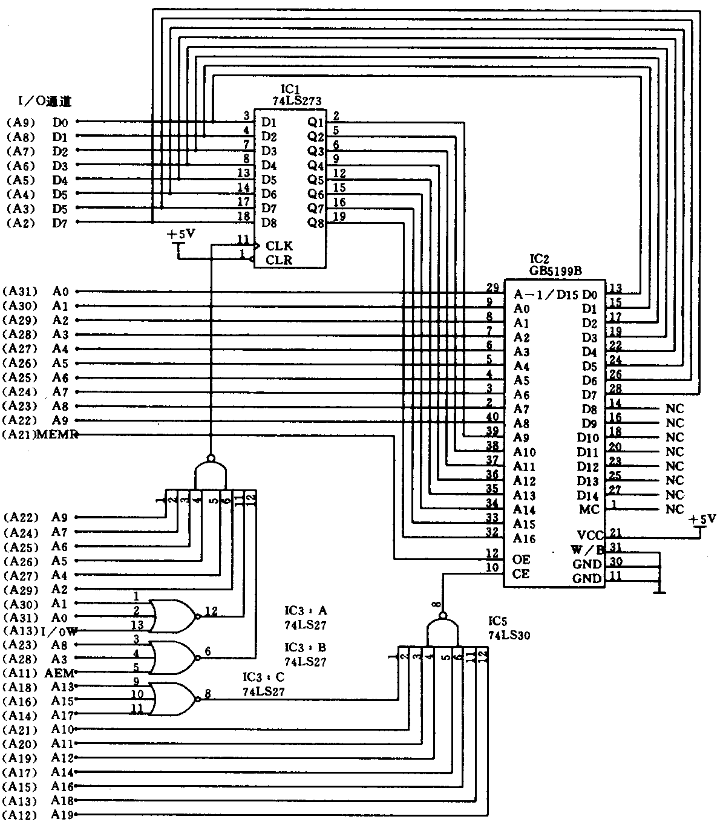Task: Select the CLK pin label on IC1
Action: tap(279, 246)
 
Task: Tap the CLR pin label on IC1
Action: tap(279, 261)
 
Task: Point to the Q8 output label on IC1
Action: tap(316, 223)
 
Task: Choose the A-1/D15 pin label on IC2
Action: tap(546, 295)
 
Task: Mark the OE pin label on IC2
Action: tap(521, 559)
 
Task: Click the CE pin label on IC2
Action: tap(521, 574)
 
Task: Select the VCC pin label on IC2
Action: tap(590, 535)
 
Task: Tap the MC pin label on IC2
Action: tap(589, 510)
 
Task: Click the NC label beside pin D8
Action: tap(675, 408)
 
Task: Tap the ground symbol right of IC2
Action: tap(659, 589)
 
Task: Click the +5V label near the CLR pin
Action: tap(181, 234)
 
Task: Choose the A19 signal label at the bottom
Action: tap(62, 815)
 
